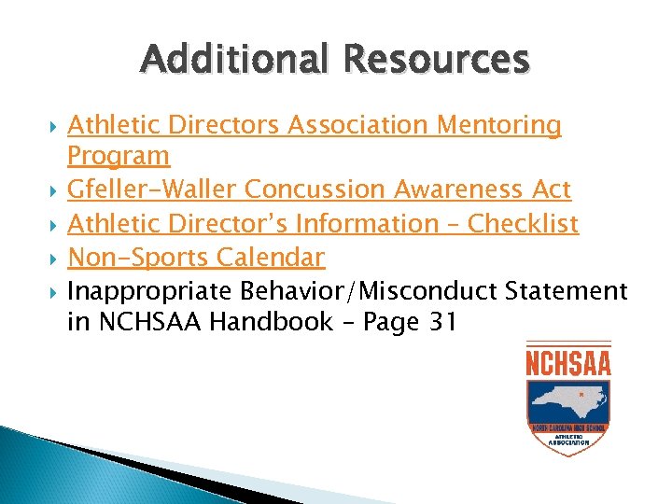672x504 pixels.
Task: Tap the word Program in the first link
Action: tap(119, 155)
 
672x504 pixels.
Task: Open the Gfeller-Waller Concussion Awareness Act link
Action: tap(318, 189)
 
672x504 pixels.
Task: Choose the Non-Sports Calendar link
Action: tap(196, 257)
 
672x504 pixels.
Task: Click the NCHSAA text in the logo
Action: tap(568, 361)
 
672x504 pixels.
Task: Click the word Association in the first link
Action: tap(359, 125)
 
